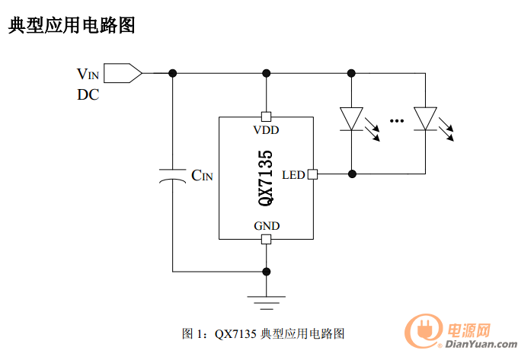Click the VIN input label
click(x=88, y=74)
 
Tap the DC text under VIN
click(x=88, y=94)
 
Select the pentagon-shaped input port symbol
click(x=123, y=73)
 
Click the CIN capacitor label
click(x=202, y=175)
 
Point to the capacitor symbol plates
click(x=172, y=177)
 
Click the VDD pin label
click(x=266, y=130)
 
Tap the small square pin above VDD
click(x=267, y=116)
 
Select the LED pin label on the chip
click(x=293, y=175)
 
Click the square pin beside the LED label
click(x=312, y=174)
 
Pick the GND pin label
click(x=267, y=226)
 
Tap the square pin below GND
click(x=267, y=239)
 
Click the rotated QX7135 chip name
click(x=266, y=178)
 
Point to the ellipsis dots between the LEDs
click(x=396, y=121)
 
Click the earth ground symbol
click(x=267, y=303)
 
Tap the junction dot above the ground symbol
click(x=267, y=272)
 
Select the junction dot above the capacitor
click(x=172, y=73)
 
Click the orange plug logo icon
click(x=424, y=331)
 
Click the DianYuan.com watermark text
click(x=481, y=344)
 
